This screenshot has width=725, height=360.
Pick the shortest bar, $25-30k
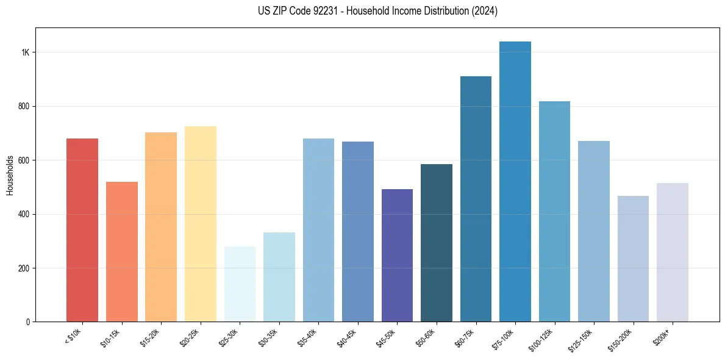[x=240, y=284]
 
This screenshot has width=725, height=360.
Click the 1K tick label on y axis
[x=25, y=52]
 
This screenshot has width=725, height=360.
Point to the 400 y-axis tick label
[x=24, y=214]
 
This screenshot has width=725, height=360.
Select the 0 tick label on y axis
[x=28, y=322]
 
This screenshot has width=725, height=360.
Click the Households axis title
[x=10, y=175]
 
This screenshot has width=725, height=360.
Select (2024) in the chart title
[x=481, y=11]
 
